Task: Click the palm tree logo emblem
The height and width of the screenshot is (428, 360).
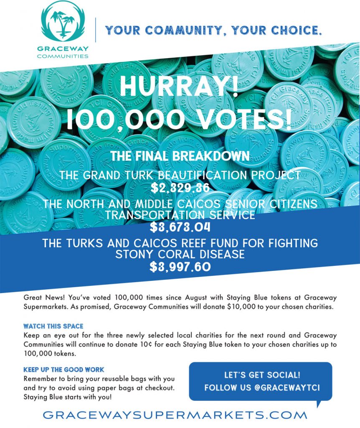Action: pos(65,22)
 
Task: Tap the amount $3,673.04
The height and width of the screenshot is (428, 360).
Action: pos(180,228)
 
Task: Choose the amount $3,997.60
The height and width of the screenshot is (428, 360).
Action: pos(180,267)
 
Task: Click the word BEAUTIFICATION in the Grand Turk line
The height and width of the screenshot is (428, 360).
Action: pos(194,175)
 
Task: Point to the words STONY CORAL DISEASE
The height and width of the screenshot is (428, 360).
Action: pos(180,255)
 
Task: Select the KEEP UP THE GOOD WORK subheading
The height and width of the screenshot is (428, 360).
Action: pos(64,369)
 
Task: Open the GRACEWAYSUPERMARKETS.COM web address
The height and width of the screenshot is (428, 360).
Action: pos(175,415)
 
